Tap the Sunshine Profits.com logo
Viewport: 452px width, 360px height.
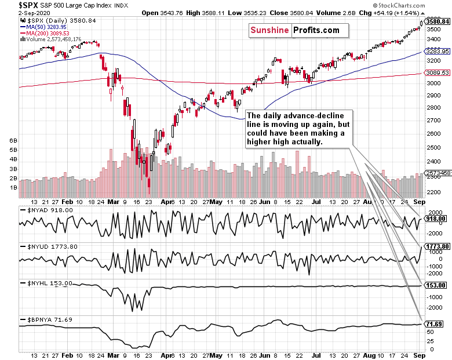coord(298,31)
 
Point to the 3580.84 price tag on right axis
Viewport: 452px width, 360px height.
coord(438,21)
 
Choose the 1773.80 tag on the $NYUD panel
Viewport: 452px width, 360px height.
coord(438,246)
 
